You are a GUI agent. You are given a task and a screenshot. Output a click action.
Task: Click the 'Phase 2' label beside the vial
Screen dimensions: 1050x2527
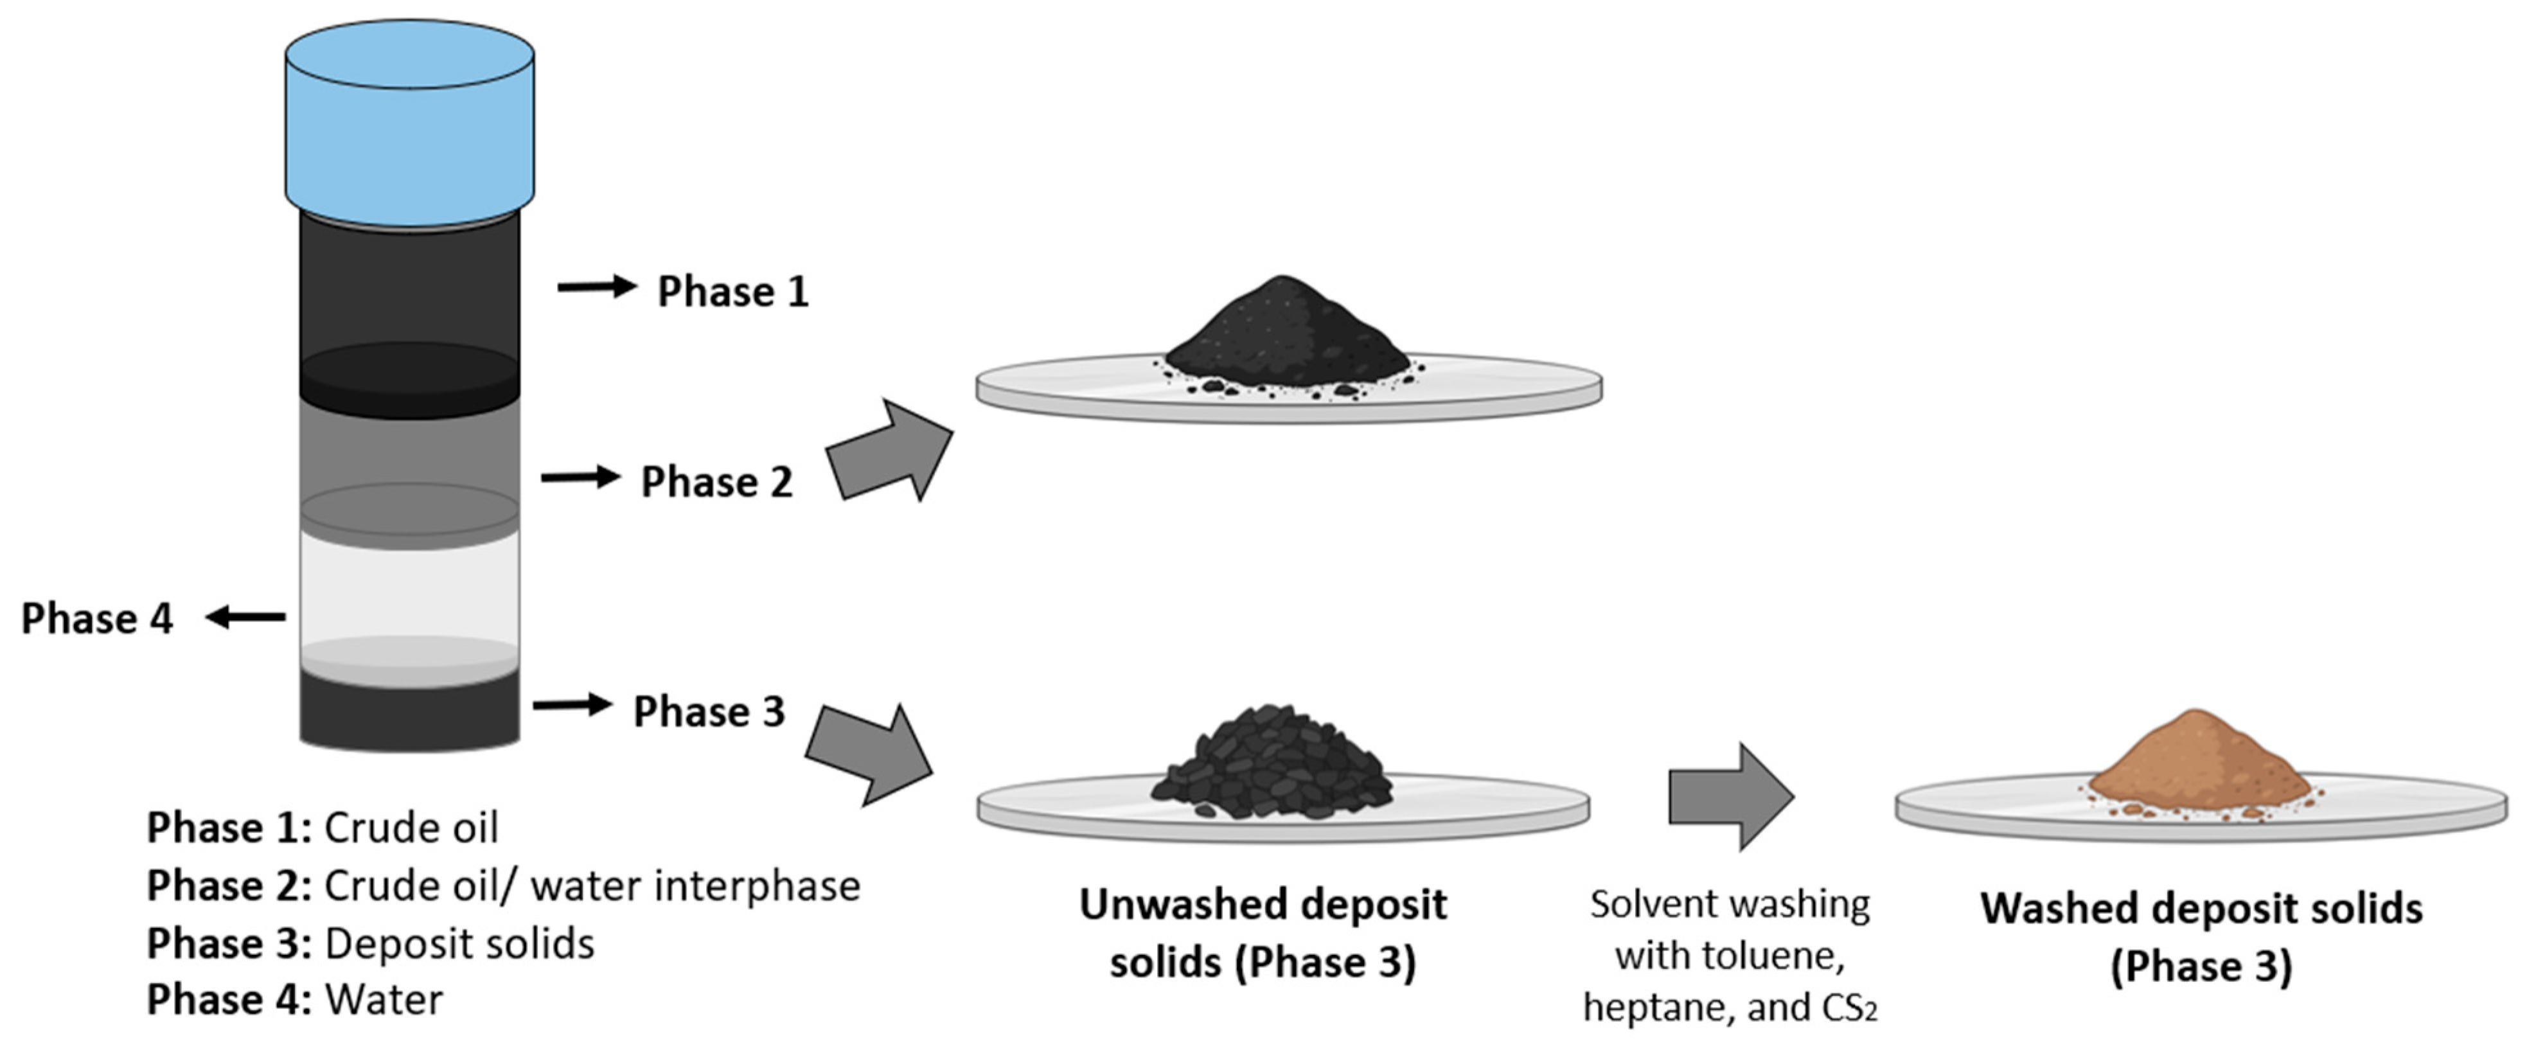point(716,482)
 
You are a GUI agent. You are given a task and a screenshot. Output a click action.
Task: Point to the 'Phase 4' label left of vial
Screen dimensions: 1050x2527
point(96,618)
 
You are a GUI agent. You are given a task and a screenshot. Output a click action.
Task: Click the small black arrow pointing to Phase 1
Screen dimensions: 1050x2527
point(596,287)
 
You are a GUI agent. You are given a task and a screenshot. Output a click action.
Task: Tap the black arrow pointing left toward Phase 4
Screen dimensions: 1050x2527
point(245,618)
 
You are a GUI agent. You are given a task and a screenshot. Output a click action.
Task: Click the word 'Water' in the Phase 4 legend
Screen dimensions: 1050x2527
point(384,1000)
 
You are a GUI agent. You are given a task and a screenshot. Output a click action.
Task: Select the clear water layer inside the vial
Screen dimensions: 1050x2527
point(409,589)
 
